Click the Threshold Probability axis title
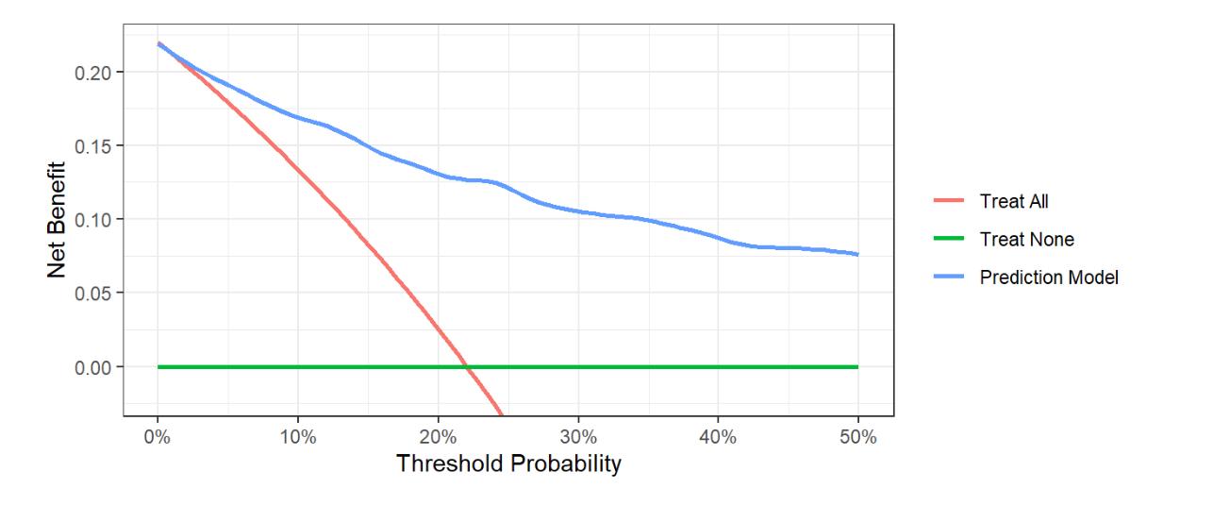508,464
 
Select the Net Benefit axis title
58,219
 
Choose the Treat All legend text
1014,201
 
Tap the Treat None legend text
1026,240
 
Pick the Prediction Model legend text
1048,278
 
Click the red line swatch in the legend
949,201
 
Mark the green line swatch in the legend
949,240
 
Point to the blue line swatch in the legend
949,278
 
